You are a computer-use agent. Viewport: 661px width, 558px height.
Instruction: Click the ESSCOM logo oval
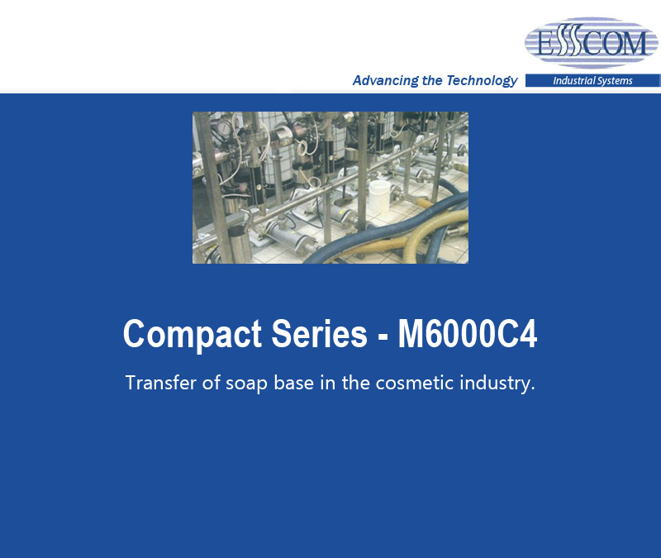[591, 42]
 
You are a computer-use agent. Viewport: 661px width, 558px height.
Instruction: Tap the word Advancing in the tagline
[385, 80]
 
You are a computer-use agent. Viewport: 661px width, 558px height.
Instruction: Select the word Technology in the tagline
[482, 80]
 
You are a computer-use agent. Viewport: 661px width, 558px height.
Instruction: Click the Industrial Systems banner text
[592, 80]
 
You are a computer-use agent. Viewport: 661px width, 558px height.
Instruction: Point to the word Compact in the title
[193, 335]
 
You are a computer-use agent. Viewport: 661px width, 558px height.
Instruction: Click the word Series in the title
[319, 334]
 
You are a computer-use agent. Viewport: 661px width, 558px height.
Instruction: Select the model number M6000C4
[468, 334]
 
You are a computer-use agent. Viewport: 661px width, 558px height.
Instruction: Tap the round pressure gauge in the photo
[224, 127]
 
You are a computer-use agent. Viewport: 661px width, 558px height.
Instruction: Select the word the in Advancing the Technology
[431, 80]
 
